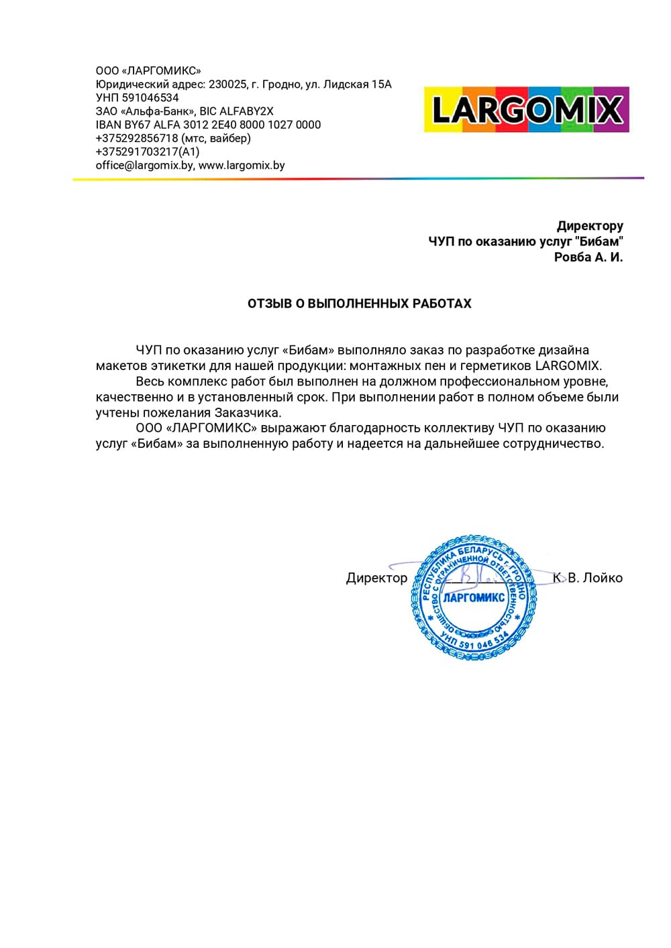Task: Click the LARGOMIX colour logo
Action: point(527,109)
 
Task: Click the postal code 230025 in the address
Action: point(227,84)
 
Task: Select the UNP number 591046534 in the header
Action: point(150,98)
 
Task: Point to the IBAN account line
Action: point(208,125)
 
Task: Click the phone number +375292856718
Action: point(137,138)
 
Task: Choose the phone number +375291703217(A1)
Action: point(148,152)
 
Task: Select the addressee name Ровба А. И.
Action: point(588,257)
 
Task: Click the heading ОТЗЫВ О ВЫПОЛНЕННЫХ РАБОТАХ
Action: point(360,304)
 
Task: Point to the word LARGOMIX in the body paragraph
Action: point(568,366)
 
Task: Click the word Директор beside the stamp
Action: point(376,578)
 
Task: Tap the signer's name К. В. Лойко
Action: point(588,578)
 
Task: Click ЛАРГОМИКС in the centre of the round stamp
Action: point(474,597)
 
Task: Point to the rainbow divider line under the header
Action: point(358,178)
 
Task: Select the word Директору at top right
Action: point(590,226)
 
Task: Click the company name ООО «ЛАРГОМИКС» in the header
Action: point(148,71)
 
